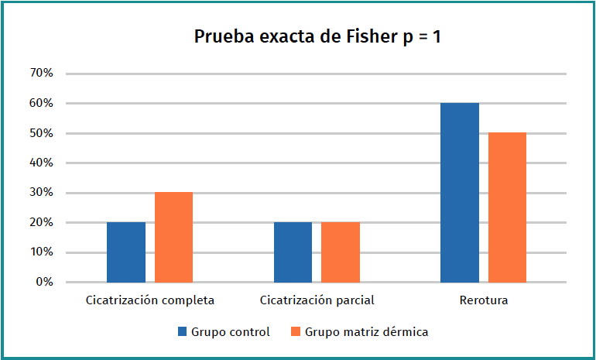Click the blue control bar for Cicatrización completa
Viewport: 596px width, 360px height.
[x=126, y=252]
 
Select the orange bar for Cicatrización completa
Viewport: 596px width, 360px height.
[x=173, y=237]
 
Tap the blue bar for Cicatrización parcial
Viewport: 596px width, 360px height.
[x=293, y=252]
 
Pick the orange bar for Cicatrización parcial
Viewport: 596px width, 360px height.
[x=341, y=252]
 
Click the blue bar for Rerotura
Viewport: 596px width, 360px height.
[x=460, y=193]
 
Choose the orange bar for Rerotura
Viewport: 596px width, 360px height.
[x=507, y=207]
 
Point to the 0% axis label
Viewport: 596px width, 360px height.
[x=44, y=282]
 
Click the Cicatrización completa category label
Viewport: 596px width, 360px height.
[x=149, y=300]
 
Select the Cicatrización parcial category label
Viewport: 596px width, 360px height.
[x=317, y=300]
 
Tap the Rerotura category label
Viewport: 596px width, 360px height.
[x=483, y=300]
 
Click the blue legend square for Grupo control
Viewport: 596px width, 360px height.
[x=183, y=332]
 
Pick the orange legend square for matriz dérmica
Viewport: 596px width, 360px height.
[x=295, y=332]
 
